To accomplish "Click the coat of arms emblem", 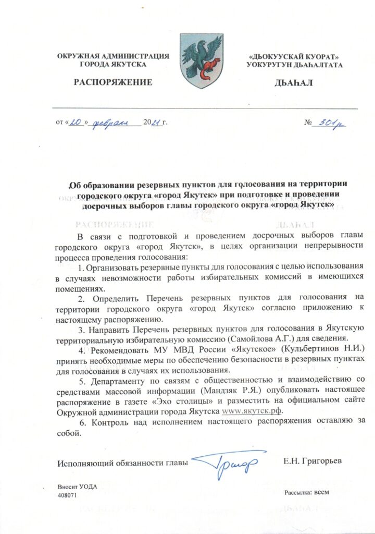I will point(202,60).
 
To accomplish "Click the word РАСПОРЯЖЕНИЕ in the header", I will point(113,82).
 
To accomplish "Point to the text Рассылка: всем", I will point(307,492).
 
